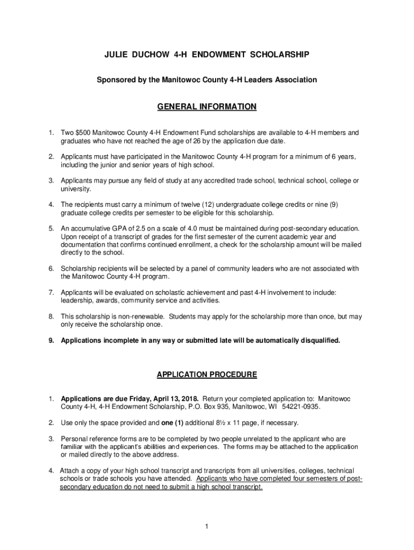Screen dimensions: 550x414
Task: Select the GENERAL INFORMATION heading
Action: tap(207, 107)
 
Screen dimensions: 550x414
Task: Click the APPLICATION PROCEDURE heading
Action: tap(207, 374)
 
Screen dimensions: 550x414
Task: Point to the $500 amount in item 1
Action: tap(83, 132)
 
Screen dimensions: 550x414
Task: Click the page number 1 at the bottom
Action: tap(206, 525)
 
